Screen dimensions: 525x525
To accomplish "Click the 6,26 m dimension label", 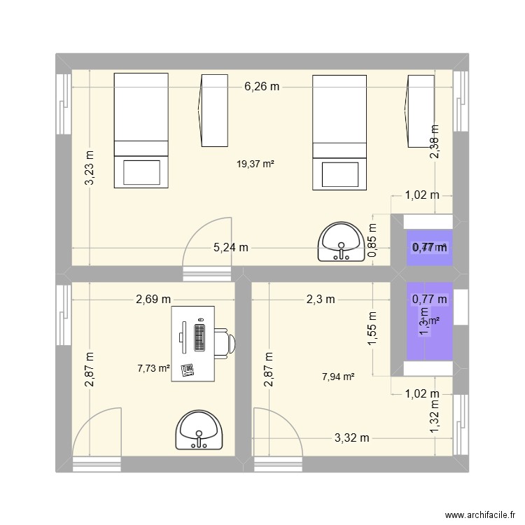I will (262, 87).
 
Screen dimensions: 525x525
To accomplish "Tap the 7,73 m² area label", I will (154, 368).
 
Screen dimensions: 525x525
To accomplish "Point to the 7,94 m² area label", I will (337, 377).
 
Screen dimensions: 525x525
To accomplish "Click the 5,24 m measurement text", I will (232, 247).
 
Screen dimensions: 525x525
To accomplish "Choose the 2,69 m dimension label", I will (153, 299).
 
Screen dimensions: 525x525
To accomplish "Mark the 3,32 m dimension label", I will (351, 438).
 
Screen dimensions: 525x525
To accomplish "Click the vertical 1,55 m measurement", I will (372, 327).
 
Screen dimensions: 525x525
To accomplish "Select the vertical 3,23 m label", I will (90, 169).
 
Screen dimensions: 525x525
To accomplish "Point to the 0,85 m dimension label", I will (372, 241).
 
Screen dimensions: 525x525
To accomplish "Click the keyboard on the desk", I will (199, 338).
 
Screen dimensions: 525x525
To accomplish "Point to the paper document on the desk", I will (187, 370).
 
